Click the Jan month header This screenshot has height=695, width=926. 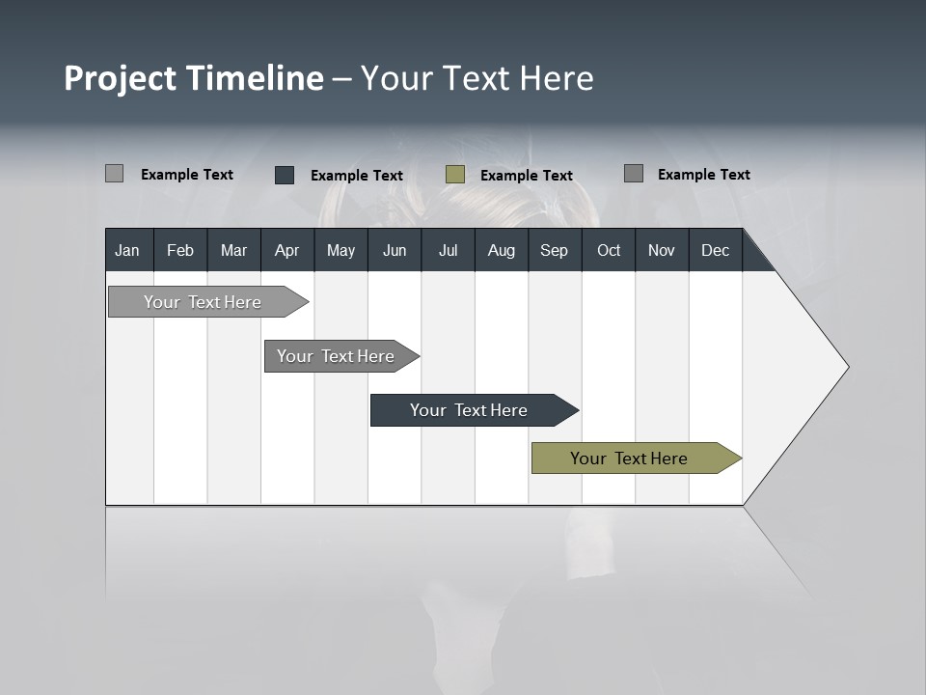[x=127, y=251]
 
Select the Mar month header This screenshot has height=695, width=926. [x=233, y=251]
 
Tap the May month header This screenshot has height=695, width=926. [x=340, y=251]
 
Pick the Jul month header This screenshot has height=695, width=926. [x=448, y=251]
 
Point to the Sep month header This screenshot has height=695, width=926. [x=554, y=251]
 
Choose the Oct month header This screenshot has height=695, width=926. [x=609, y=251]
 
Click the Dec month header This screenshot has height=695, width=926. [x=715, y=251]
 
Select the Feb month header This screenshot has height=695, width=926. [x=180, y=251]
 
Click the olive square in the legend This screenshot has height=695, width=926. [x=455, y=175]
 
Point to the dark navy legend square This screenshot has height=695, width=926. [x=285, y=175]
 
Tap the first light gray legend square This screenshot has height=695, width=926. [x=114, y=174]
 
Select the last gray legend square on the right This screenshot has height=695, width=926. [x=634, y=174]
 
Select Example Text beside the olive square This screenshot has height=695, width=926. [x=526, y=176]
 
